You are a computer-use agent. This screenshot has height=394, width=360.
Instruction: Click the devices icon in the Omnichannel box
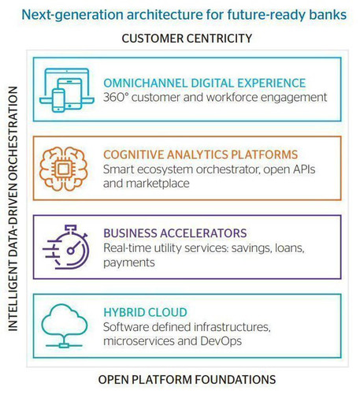(67, 90)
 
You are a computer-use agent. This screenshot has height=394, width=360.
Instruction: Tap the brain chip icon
(64, 169)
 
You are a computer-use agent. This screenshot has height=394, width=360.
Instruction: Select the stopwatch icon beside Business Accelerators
(66, 247)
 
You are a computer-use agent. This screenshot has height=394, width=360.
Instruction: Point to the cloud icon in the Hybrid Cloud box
(65, 326)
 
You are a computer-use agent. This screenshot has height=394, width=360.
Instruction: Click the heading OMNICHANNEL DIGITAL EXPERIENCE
(205, 83)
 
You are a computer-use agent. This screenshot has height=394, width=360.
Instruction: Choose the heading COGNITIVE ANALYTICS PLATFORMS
(201, 154)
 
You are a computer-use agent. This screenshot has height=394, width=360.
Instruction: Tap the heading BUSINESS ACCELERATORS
(175, 233)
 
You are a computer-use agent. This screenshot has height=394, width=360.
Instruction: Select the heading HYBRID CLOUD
(145, 312)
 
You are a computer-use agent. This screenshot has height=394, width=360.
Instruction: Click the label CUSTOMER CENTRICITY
(187, 39)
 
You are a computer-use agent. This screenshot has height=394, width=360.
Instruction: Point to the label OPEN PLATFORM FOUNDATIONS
(187, 380)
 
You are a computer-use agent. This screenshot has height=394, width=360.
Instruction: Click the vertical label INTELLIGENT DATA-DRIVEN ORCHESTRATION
(13, 209)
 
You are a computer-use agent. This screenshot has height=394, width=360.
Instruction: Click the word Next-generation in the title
(72, 15)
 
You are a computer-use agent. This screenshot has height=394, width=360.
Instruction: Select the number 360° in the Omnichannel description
(116, 97)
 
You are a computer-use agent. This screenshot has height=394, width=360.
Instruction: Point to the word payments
(129, 262)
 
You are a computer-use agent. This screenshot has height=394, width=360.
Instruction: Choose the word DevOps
(221, 341)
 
